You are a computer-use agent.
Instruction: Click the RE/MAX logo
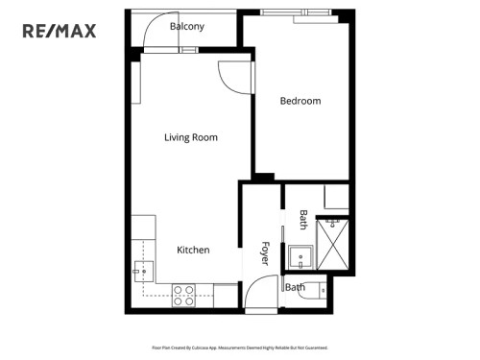(60, 31)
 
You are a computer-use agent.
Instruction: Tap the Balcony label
(186, 27)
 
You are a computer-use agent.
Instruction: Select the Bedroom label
(300, 101)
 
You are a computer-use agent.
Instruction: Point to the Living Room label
(190, 137)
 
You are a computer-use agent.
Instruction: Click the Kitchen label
(193, 250)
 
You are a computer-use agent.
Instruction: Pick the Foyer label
(266, 252)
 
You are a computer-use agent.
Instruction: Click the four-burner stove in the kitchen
(183, 295)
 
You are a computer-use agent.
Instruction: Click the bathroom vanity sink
(302, 256)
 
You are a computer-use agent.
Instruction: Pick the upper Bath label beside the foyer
(303, 220)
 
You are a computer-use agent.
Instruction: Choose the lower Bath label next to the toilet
(296, 287)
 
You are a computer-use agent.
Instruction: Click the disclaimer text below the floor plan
(239, 348)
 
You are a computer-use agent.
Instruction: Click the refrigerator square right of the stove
(226, 296)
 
